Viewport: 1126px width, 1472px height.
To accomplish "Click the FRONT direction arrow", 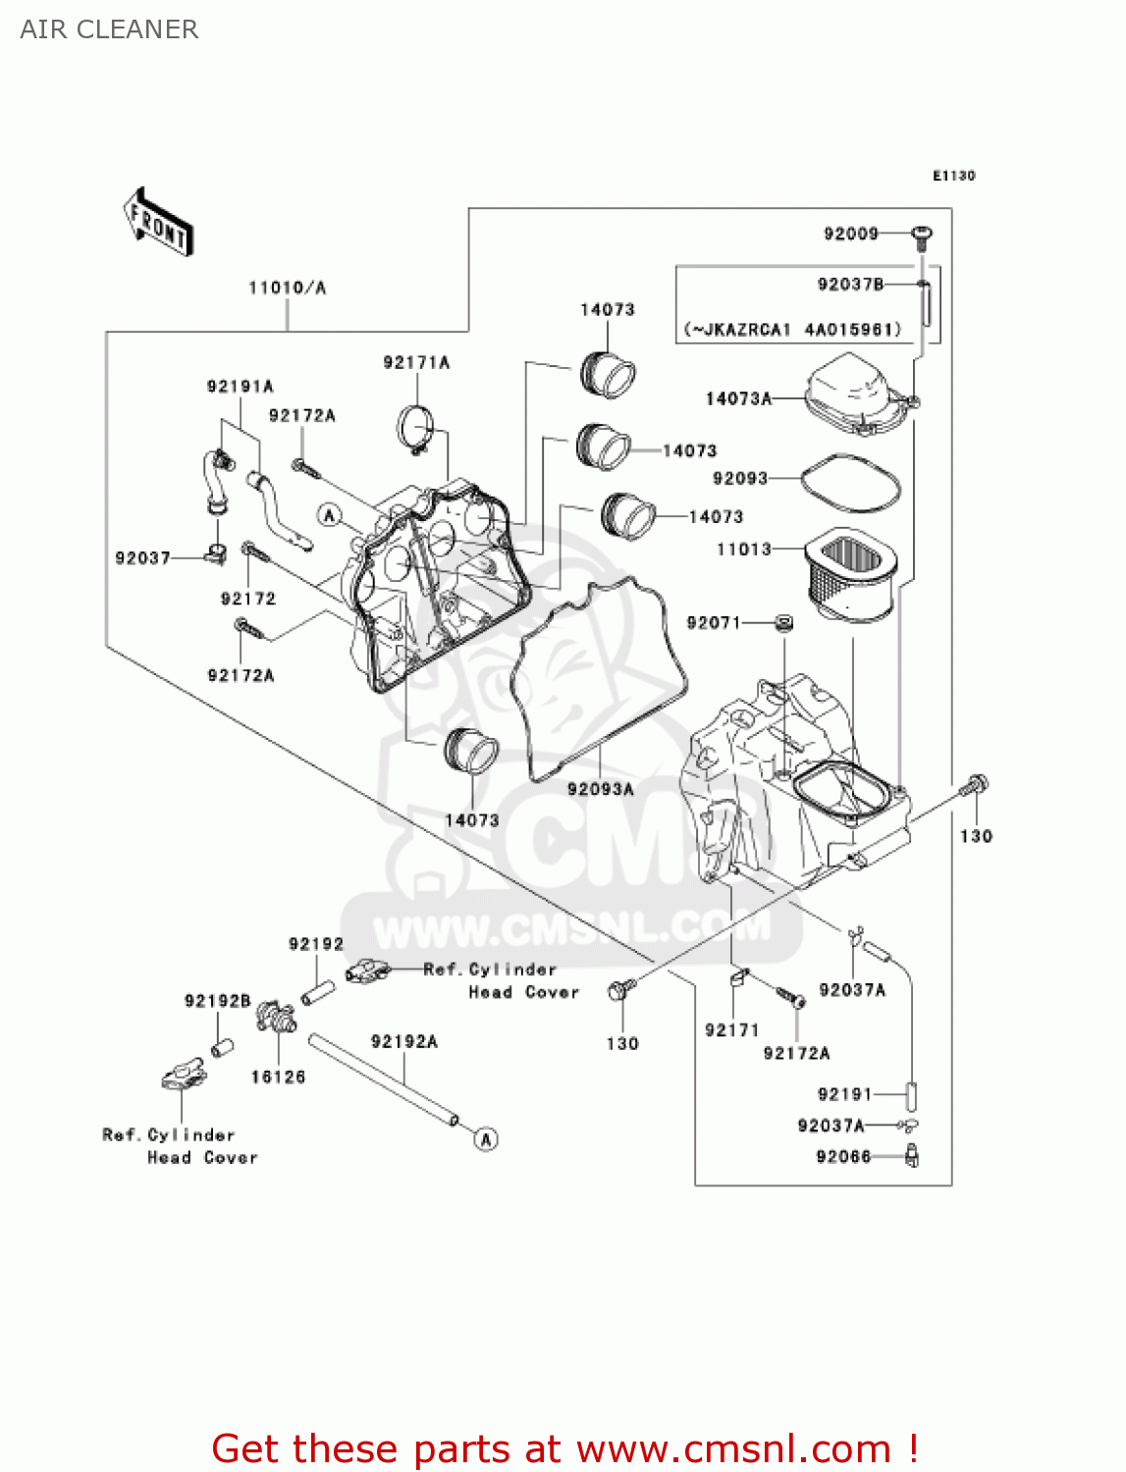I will (157, 223).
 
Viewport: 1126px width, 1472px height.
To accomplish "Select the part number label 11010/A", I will (287, 288).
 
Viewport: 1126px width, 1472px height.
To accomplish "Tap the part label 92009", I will (850, 234).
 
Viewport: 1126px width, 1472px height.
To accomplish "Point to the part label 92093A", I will (600, 789).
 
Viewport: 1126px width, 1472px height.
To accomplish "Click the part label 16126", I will (278, 1077).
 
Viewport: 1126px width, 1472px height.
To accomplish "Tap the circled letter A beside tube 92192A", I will (486, 1138).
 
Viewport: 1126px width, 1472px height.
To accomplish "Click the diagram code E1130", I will (953, 176).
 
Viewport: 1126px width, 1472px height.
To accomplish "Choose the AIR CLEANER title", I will (109, 29).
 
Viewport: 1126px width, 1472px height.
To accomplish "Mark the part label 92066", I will (843, 1157).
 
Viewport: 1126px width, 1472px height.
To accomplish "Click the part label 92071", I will (713, 622).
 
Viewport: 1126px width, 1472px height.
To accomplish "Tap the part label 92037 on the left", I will (142, 557).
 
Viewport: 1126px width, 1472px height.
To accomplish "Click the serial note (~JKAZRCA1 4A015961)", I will (792, 330).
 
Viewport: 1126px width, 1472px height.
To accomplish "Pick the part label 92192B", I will (217, 1001).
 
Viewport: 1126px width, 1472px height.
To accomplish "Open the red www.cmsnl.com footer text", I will (565, 1448).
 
